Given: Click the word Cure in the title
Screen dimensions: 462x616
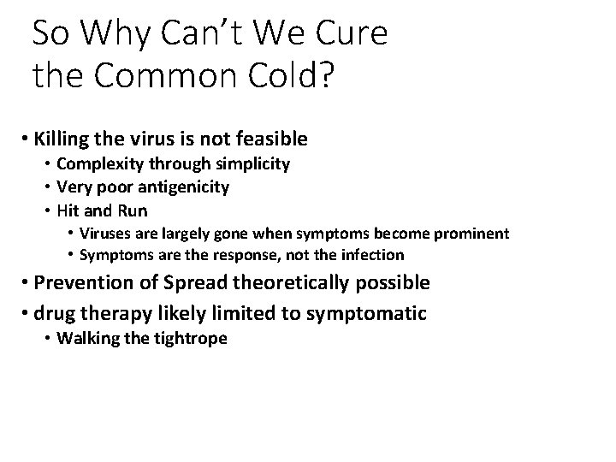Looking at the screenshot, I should (x=349, y=33).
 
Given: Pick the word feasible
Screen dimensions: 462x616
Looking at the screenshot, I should (x=269, y=139).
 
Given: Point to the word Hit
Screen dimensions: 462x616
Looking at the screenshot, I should (x=69, y=210).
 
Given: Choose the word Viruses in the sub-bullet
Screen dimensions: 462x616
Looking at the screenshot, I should (x=104, y=233).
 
